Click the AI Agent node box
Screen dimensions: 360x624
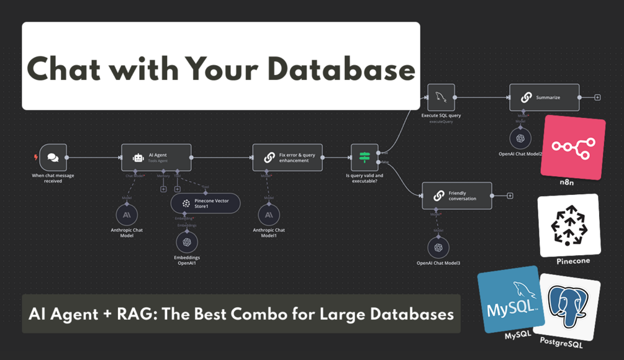156,158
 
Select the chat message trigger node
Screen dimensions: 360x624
53,158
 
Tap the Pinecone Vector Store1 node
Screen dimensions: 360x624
205,204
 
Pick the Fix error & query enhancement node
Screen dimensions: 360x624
287,158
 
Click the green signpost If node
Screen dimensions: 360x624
364,158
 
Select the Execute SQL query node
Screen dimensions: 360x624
441,97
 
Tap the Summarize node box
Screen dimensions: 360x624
544,97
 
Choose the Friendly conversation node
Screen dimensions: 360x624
456,196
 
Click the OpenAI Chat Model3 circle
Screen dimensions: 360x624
438,248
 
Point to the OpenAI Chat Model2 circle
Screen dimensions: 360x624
520,138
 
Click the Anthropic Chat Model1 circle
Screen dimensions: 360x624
268,215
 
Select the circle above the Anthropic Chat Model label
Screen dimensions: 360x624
127,215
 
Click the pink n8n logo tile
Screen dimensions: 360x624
572,146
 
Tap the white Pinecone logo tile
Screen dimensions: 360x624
569,225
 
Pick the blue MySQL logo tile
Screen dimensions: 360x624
510,300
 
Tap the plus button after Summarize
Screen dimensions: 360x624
597,97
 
